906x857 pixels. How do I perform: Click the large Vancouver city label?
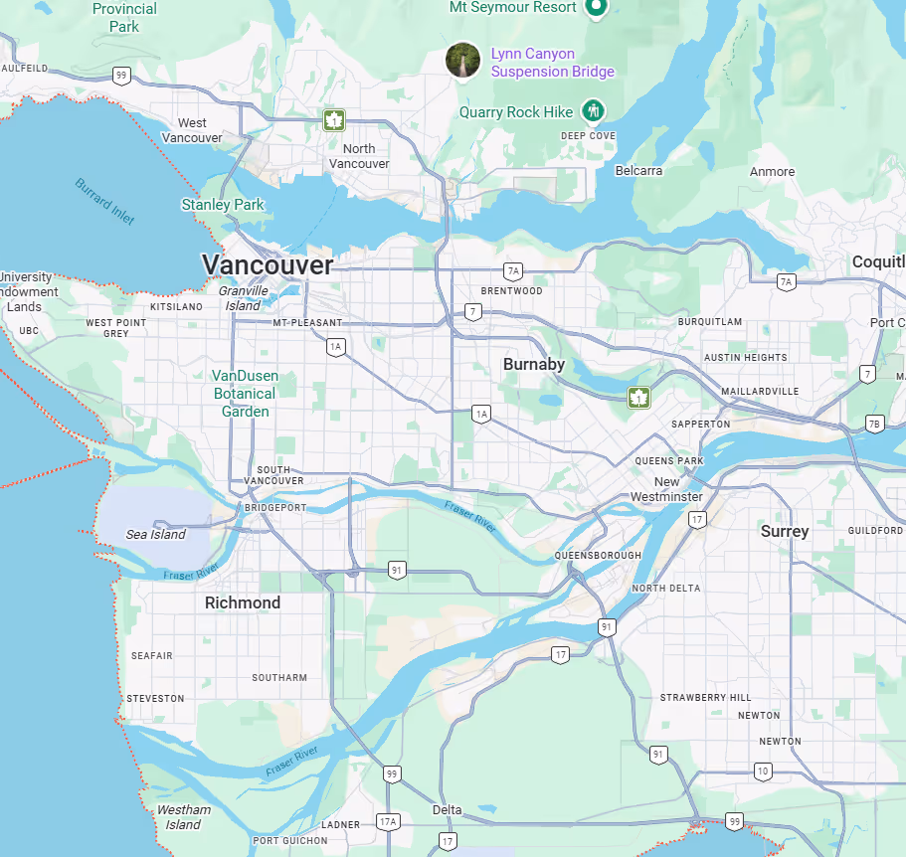click(x=267, y=264)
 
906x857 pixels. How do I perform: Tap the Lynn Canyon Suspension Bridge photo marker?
click(x=462, y=60)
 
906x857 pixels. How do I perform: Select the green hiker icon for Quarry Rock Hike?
click(x=594, y=110)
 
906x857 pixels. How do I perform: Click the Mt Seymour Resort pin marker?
click(x=596, y=8)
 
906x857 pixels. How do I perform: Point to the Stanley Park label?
click(x=223, y=205)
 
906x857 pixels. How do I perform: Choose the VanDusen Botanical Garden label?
click(x=245, y=394)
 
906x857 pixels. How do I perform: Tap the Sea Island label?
click(x=156, y=535)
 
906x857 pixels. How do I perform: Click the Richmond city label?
click(x=243, y=602)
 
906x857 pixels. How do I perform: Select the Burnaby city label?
click(x=533, y=364)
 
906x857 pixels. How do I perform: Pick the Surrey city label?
click(x=785, y=531)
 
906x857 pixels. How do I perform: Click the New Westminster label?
click(x=666, y=489)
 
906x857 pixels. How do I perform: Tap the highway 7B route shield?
click(x=874, y=424)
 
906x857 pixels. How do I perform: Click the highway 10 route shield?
click(x=763, y=771)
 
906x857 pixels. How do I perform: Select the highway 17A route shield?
click(x=388, y=821)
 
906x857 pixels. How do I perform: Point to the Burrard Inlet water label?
click(x=104, y=202)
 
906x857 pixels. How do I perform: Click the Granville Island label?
click(x=244, y=298)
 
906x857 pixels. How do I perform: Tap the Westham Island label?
click(x=184, y=817)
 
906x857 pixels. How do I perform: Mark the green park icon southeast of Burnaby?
click(x=636, y=398)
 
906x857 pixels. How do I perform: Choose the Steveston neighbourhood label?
click(x=155, y=698)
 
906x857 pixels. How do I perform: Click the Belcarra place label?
click(x=638, y=171)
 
